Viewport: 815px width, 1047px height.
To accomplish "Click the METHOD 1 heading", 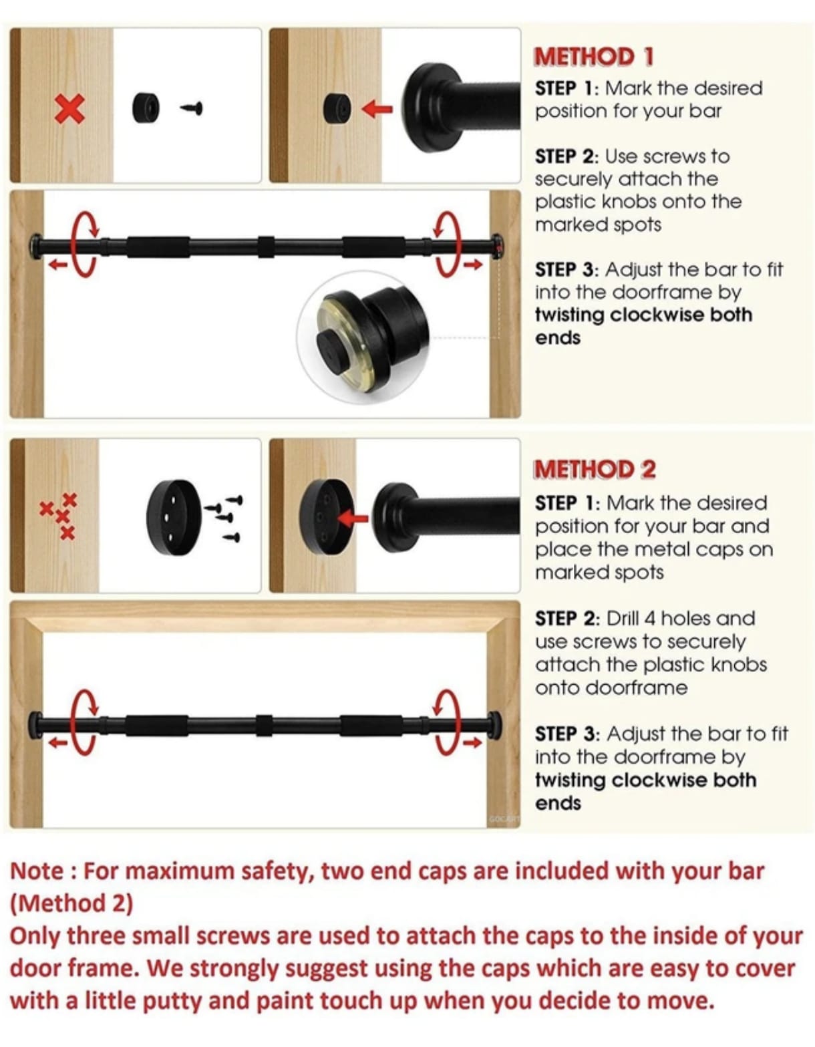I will (593, 57).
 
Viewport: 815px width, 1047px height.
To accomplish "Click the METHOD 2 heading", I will (594, 469).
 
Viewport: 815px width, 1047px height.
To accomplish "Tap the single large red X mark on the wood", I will (69, 108).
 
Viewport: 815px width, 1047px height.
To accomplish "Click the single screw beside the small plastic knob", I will (192, 108).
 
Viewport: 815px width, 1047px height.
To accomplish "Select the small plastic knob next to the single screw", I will (146, 108).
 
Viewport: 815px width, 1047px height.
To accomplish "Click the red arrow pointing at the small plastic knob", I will (377, 108).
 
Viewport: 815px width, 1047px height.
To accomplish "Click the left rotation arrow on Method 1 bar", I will (84, 244).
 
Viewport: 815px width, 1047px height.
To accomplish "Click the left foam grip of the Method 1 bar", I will (158, 247).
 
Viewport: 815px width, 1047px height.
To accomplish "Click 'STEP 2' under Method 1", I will (565, 156).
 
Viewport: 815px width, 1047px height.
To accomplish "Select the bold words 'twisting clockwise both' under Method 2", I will (645, 780).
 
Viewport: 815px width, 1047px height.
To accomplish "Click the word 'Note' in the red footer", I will (37, 871).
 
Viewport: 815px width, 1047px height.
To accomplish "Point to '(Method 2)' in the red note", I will (71, 903).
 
